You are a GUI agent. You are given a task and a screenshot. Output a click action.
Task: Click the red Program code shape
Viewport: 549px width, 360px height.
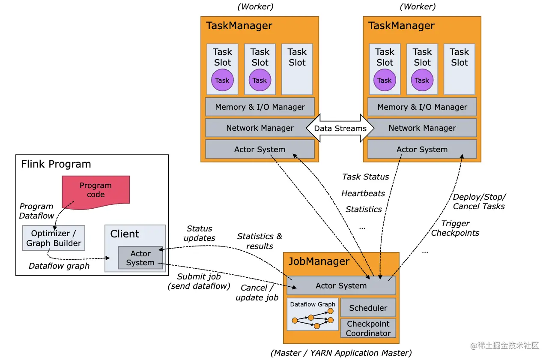[95, 190]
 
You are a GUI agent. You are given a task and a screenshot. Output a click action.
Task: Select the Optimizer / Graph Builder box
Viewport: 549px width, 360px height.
[54, 238]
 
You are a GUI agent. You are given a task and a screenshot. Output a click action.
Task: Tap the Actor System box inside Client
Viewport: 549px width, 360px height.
[140, 258]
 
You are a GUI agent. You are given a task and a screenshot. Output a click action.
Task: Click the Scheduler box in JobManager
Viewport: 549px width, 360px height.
[368, 308]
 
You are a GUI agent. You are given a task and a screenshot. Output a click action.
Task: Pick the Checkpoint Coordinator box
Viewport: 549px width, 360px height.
[368, 328]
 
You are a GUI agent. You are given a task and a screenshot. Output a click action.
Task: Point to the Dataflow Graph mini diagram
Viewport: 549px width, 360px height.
[313, 315]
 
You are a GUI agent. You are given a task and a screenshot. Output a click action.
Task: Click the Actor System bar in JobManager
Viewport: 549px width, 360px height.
[341, 285]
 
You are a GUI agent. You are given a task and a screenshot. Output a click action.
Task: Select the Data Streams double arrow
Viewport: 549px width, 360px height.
[340, 128]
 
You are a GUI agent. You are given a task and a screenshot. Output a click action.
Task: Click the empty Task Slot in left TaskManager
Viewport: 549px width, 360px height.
[297, 69]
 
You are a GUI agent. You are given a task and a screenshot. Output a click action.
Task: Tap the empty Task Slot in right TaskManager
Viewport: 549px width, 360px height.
[459, 69]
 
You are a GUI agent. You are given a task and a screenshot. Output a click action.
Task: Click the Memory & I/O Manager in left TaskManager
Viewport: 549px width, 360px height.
[260, 107]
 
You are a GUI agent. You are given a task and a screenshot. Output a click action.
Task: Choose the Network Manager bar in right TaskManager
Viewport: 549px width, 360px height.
[422, 128]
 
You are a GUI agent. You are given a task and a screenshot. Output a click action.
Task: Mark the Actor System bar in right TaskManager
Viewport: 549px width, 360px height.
[422, 150]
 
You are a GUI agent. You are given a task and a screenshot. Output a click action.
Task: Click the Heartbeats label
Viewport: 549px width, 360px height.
[363, 193]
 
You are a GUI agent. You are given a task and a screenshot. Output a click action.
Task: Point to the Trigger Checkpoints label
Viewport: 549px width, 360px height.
[455, 228]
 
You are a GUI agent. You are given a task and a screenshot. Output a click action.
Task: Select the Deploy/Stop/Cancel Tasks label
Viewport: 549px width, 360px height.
[479, 201]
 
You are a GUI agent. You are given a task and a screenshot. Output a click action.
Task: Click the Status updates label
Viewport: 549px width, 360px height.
[200, 233]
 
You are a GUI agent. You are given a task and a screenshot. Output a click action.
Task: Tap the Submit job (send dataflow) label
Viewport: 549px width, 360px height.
[199, 281]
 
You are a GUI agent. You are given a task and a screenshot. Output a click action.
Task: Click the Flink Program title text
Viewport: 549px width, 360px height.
[56, 164]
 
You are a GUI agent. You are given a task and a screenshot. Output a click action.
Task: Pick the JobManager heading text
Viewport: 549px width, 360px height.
[319, 261]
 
